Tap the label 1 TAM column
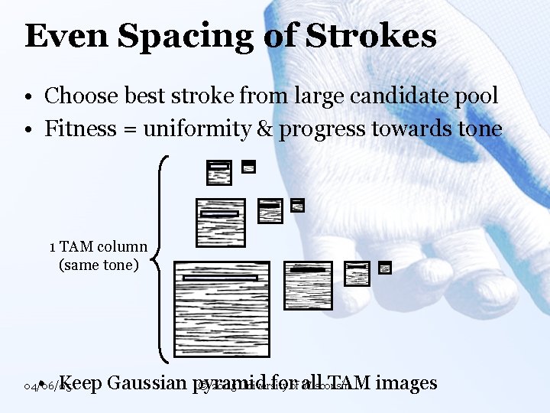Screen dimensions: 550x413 tap(98, 247)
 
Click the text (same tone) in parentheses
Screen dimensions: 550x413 tap(98, 265)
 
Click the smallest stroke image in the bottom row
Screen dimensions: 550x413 tap(385, 268)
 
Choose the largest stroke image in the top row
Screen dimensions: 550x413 tap(219, 172)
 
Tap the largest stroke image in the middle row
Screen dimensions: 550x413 tap(220, 223)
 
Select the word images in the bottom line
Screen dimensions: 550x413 tap(406, 382)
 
